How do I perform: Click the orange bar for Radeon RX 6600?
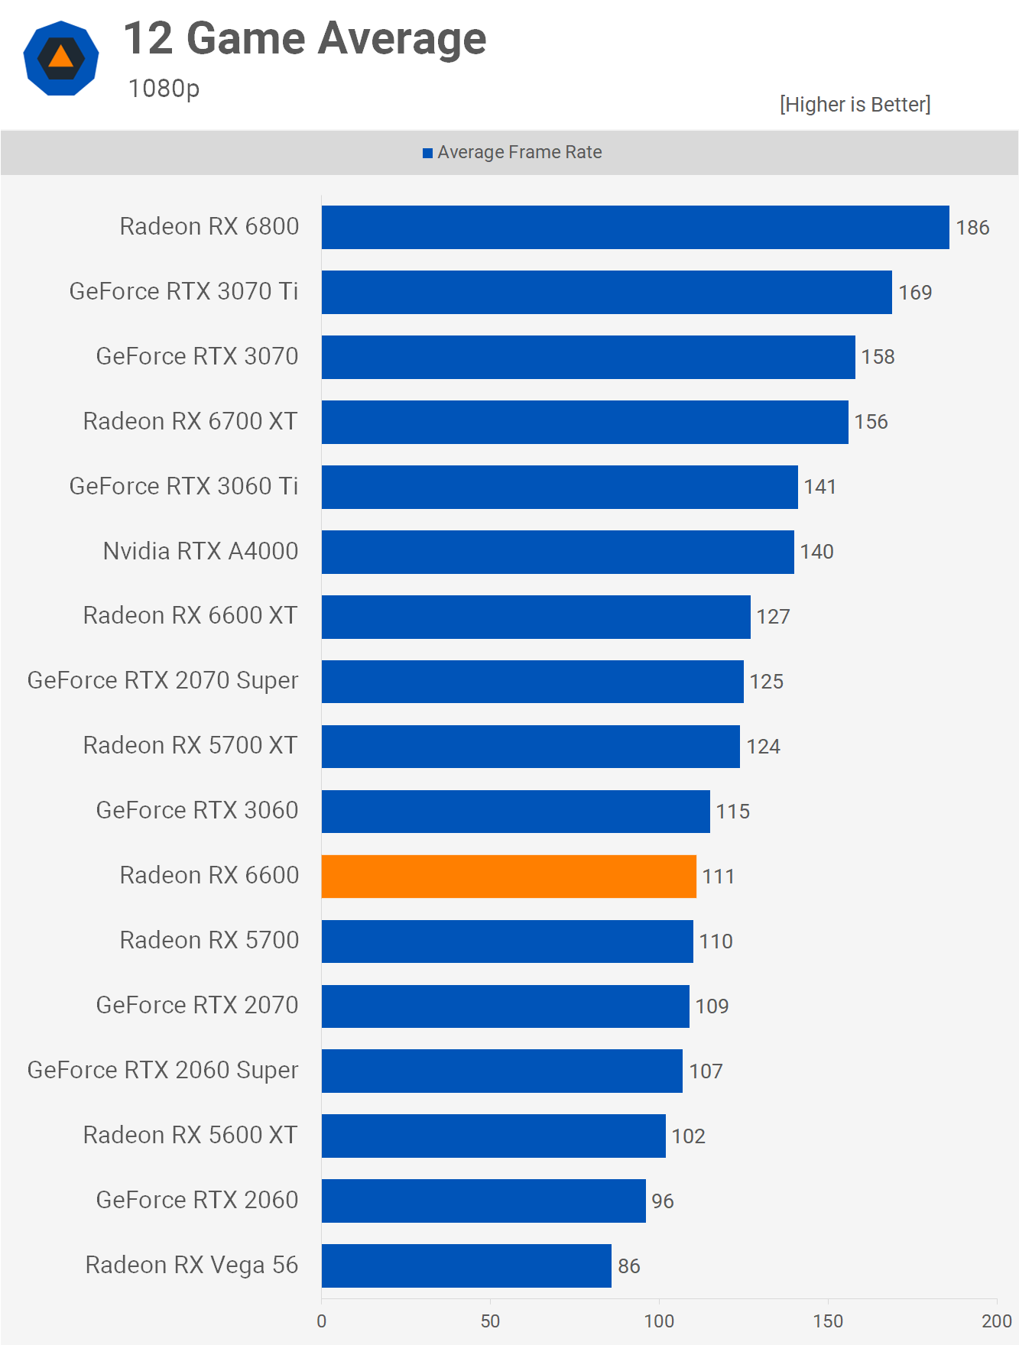point(508,877)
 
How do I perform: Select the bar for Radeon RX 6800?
point(634,227)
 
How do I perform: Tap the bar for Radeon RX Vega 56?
point(466,1266)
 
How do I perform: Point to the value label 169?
point(915,293)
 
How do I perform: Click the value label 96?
point(663,1201)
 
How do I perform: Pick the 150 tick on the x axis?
point(828,1321)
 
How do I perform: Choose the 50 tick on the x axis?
point(490,1321)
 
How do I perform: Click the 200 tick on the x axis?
point(997,1321)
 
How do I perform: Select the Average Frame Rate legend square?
point(428,153)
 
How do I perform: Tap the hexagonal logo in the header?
point(61,58)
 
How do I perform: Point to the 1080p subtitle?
point(164,89)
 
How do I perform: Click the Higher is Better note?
point(855,105)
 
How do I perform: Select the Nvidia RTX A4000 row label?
point(200,551)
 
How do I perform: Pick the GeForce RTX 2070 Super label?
point(163,681)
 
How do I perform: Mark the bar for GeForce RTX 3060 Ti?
point(560,487)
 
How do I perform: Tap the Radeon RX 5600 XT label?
point(190,1136)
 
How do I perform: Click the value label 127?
point(773,617)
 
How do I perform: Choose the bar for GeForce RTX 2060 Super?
point(501,1071)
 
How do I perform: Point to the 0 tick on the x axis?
point(321,1321)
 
